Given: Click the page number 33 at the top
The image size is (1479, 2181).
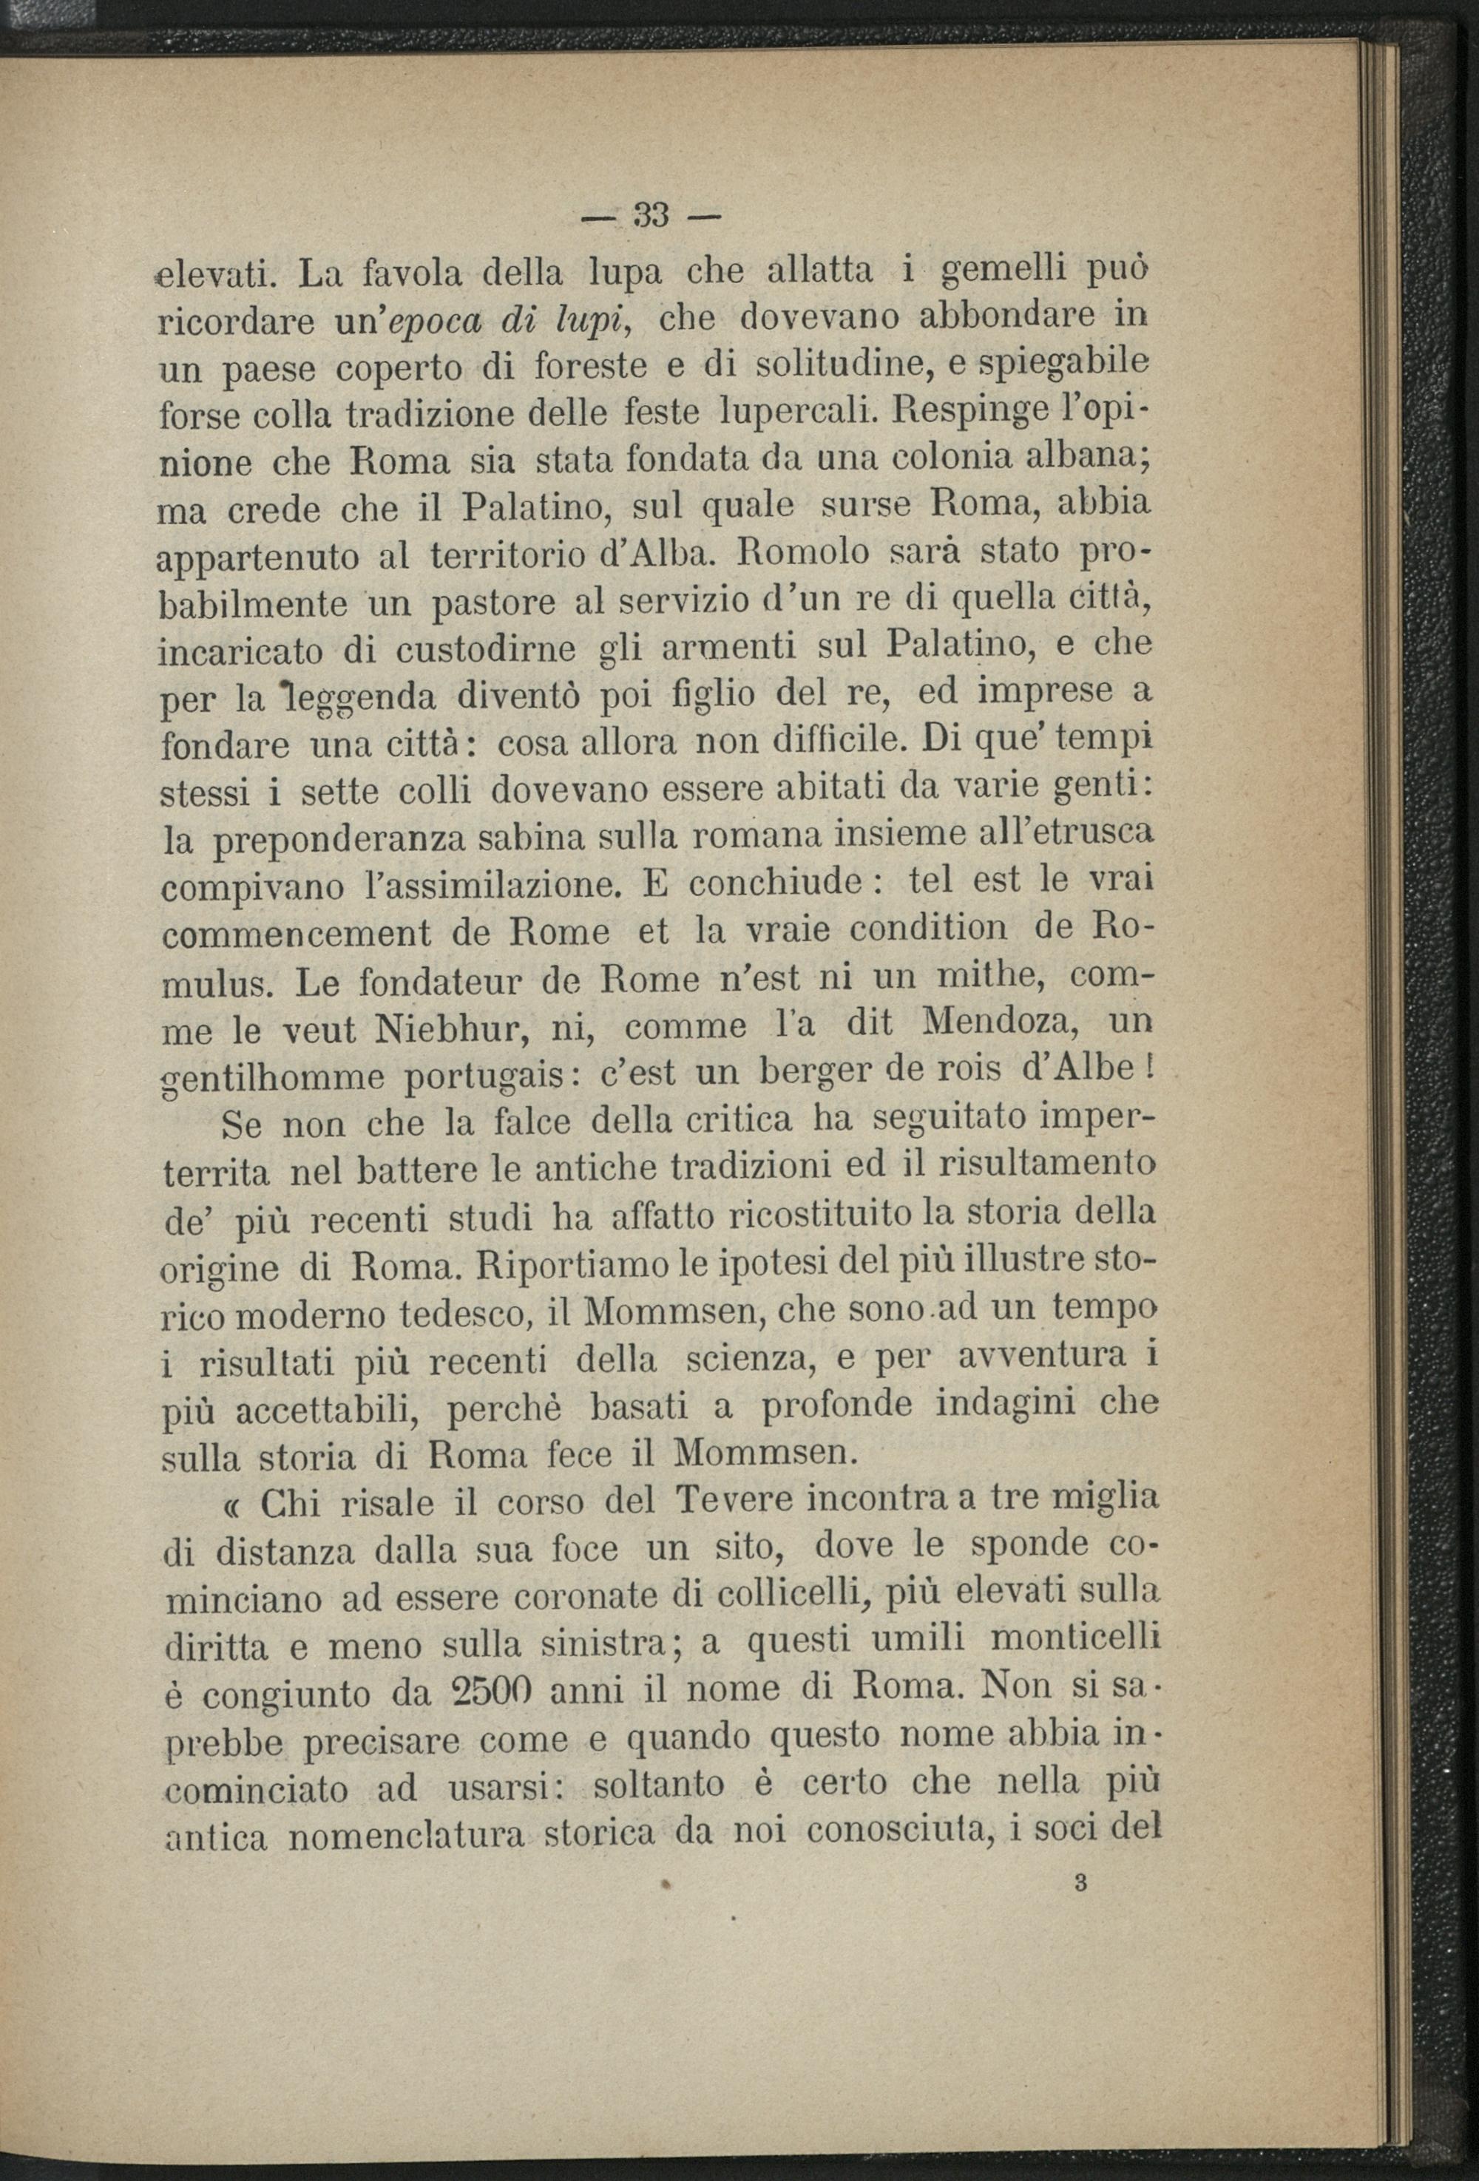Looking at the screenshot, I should coord(651,216).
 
